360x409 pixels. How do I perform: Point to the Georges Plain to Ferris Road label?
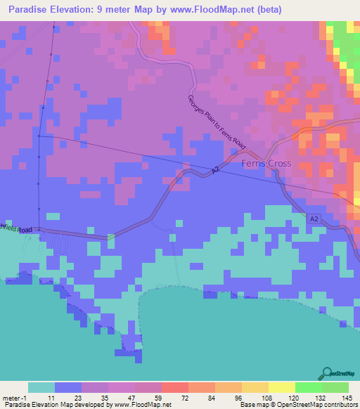pos(217,122)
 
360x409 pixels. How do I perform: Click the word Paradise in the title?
pos(32,10)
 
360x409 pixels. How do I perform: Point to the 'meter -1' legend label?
pos(15,398)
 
